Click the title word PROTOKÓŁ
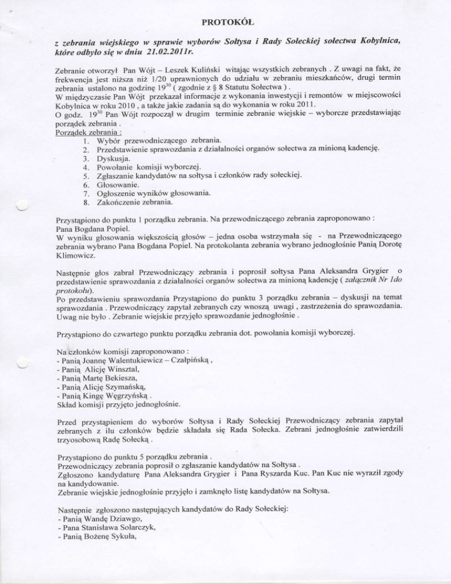(225, 24)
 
